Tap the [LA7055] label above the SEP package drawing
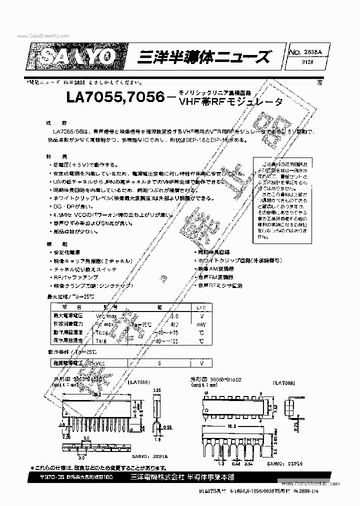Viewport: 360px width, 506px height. [x=139, y=382]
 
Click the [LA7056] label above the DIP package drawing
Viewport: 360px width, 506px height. [x=283, y=382]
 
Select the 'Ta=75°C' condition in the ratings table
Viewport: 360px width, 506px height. [x=141, y=324]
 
